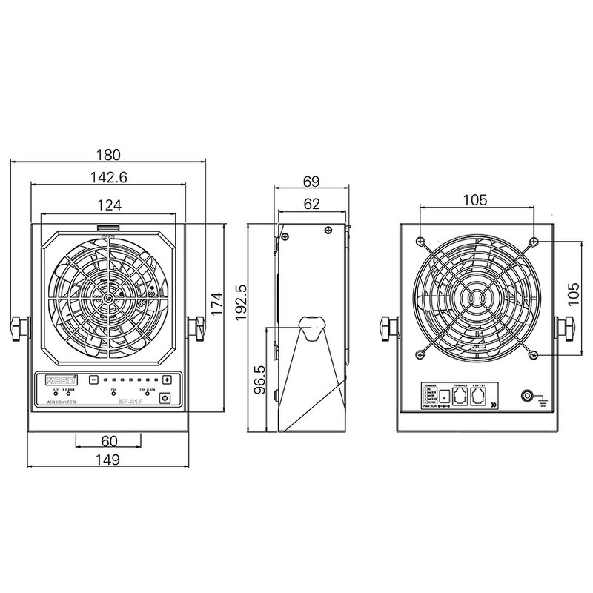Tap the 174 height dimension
coord(215,304)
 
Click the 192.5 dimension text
coord(239,304)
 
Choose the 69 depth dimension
coord(312,181)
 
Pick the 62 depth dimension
coord(312,203)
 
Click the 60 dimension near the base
coord(109,441)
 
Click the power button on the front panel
coord(165,398)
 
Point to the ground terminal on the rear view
coord(529,396)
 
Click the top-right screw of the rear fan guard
coord(534,242)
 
